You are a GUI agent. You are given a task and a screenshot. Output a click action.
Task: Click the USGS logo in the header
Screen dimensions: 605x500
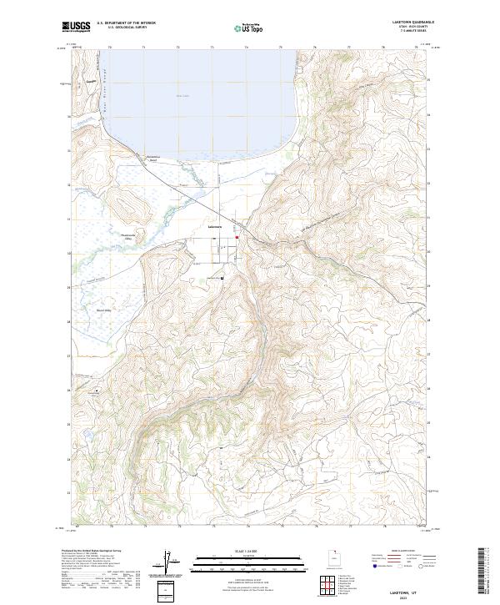coord(76,27)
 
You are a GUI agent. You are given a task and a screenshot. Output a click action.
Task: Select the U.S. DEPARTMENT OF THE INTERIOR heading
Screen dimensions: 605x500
coord(126,23)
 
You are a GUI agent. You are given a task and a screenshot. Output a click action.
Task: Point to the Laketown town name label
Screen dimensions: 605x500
coord(217,225)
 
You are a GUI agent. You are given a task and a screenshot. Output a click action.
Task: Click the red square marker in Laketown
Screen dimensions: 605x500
coord(237,238)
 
